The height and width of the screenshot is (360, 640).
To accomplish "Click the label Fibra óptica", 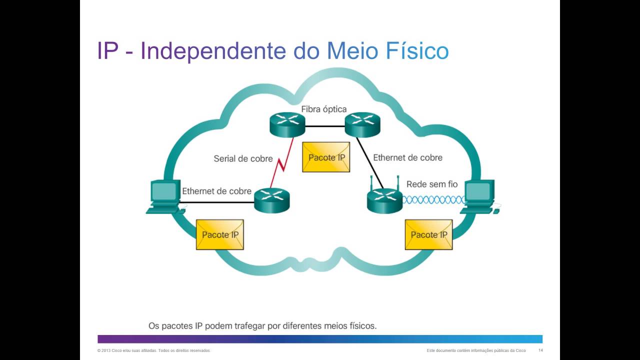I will pos(323,109).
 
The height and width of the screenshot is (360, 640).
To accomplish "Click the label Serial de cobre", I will pos(243,158).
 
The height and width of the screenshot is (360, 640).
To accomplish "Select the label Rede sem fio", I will pos(431,184).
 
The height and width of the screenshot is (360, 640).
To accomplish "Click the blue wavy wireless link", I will pos(433,200).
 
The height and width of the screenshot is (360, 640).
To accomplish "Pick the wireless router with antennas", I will pos(384,198).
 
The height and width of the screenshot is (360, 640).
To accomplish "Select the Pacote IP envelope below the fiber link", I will pos(326,157).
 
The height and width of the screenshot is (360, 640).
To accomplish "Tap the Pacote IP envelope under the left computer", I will pos(220,234).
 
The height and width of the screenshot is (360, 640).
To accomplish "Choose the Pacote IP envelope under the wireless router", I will pos(428,234).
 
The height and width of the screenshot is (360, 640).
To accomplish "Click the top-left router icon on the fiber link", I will pos(287,124).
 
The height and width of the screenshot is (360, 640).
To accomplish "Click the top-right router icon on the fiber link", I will pos(362,124).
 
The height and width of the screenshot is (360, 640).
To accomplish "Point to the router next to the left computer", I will pos(272,200).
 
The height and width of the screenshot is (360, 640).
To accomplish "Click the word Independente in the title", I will pos(212,51).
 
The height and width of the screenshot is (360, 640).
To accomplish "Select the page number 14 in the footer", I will pos(540,350).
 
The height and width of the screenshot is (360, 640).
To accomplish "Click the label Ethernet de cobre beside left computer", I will pos(216,191).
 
